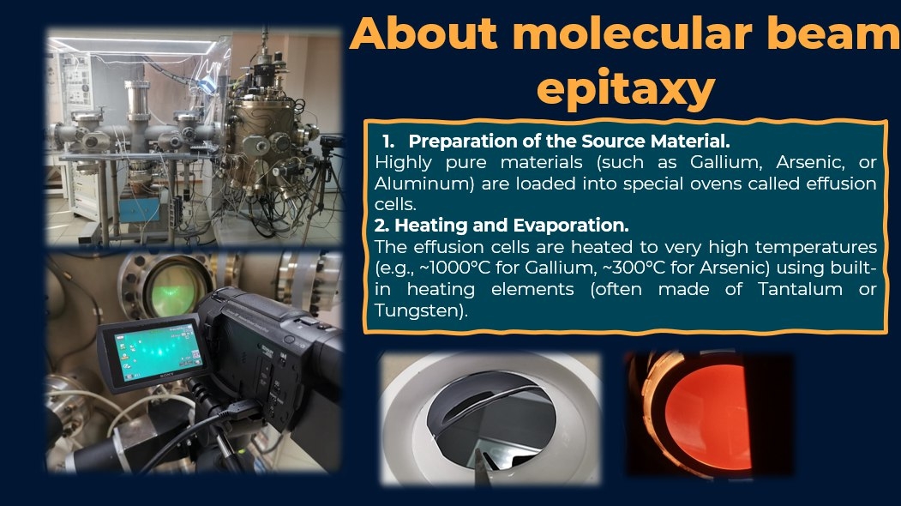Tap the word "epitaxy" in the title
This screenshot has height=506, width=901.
click(626, 89)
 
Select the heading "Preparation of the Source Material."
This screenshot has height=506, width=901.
click(569, 141)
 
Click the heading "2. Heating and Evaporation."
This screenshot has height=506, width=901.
click(502, 225)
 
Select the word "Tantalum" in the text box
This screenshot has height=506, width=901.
click(800, 289)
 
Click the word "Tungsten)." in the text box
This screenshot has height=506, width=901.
click(421, 310)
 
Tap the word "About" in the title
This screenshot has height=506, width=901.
click(423, 33)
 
